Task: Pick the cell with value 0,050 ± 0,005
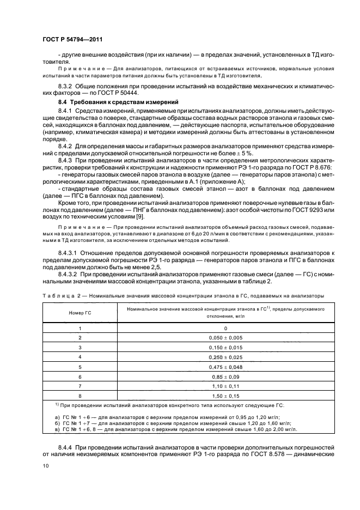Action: click(225, 337)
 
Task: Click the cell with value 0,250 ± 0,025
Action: click(225, 356)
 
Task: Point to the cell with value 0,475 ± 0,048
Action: click(225, 366)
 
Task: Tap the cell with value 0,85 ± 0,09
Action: click(225, 376)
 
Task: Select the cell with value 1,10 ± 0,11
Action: click(225, 385)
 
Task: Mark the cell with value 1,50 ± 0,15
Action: click(225, 395)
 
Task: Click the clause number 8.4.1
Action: click(65, 111)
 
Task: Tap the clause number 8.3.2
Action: click(65, 87)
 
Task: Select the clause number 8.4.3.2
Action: click(69, 274)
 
